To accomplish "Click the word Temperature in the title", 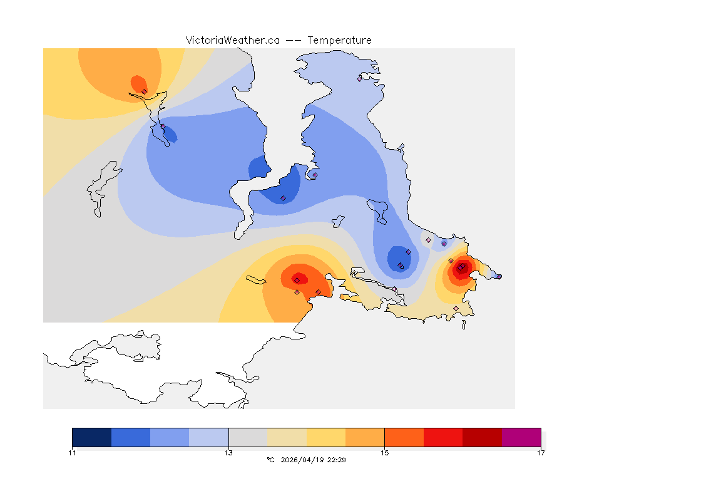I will (339, 40).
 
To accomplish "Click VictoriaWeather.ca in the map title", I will (232, 40).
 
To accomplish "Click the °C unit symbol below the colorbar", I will (270, 460).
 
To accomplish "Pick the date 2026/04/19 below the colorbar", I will (304, 460).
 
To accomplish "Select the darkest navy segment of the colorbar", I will (92, 437).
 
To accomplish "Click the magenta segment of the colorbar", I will (521, 437).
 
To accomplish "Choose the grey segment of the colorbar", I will (248, 437).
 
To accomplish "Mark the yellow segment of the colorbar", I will (326, 437).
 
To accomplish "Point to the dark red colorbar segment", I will (482, 437).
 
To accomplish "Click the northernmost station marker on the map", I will (360, 79).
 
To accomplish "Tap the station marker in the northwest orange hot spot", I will (145, 91).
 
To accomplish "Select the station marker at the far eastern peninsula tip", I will (499, 276).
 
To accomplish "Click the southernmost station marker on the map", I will (456, 308).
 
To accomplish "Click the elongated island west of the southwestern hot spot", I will (257, 280).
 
